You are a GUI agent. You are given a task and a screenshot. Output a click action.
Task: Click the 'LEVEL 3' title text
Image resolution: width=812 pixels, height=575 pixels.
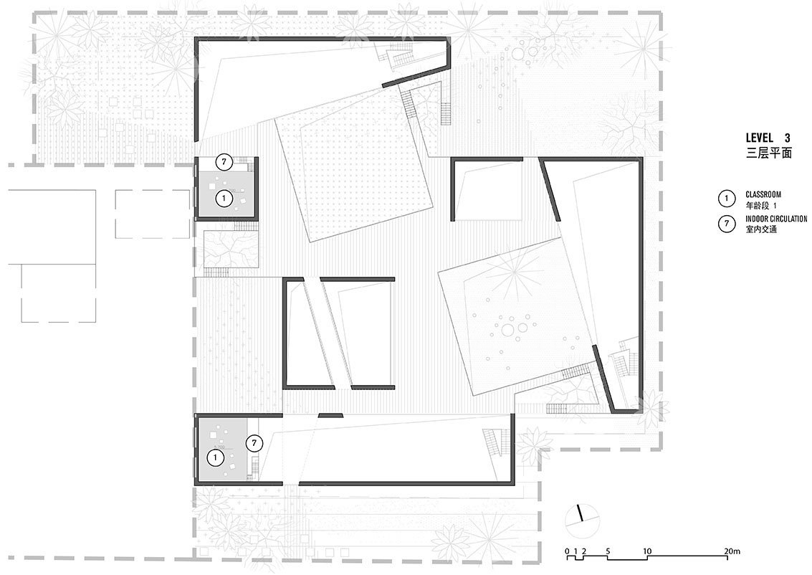768,138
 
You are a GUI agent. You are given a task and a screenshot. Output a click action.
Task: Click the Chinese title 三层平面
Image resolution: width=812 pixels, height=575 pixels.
768,153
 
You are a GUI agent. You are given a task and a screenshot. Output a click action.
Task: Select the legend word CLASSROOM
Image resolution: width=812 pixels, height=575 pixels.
763,195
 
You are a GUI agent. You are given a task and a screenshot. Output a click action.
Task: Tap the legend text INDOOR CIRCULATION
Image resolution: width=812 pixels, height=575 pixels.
776,219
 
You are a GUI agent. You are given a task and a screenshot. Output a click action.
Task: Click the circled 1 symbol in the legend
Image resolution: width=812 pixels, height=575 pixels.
727,199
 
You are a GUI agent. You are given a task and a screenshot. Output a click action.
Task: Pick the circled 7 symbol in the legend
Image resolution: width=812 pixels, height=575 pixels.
727,223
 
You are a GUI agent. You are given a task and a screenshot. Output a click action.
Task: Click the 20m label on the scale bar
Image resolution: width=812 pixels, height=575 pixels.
732,551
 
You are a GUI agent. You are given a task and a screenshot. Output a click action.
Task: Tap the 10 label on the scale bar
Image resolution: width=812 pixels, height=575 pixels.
647,551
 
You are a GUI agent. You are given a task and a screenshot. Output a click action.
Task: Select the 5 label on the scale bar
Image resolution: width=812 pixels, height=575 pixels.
608,551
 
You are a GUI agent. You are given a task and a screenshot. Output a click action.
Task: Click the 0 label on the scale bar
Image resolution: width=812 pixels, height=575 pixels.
568,551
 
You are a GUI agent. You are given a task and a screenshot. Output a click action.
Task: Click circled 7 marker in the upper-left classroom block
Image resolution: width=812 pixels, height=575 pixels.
224,161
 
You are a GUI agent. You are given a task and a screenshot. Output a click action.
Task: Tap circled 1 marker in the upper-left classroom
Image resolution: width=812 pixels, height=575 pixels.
224,199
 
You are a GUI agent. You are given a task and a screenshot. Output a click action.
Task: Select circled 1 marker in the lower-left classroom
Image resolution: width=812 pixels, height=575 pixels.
216,457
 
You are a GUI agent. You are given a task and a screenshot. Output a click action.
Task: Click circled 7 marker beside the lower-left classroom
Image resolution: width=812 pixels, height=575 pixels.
254,443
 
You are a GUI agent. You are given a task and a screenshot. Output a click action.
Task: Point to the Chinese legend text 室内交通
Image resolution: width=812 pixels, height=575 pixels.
761,229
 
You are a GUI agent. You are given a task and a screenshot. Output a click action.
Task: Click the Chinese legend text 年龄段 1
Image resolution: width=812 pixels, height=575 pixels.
761,205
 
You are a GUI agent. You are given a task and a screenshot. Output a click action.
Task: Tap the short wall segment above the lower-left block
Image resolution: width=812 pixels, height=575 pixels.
330,415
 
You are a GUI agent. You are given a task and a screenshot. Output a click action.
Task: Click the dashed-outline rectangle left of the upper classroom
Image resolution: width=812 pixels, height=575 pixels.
152,214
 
